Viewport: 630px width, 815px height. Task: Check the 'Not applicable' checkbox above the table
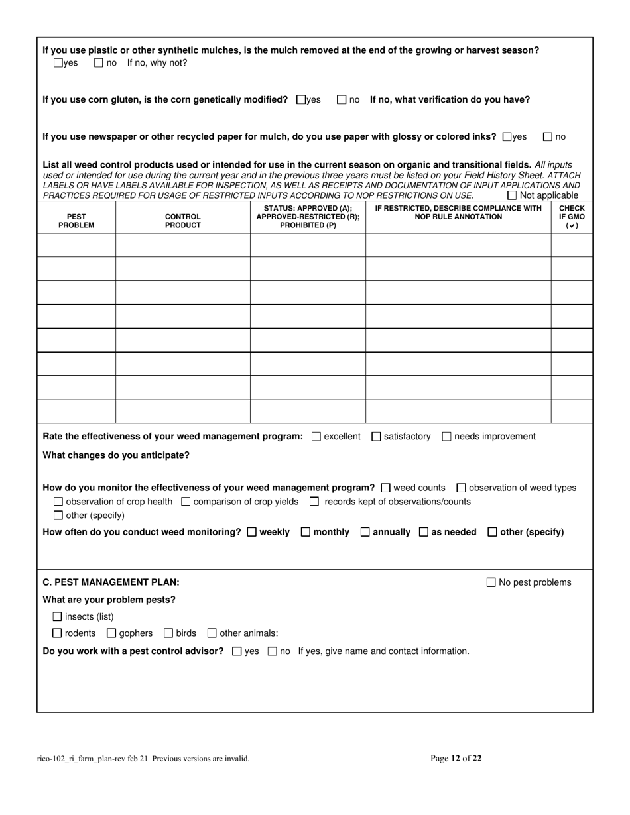click(512, 195)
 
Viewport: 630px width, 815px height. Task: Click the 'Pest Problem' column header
click(76, 221)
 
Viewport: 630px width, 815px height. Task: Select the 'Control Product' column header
click(183, 221)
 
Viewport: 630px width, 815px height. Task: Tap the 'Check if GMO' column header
click(572, 217)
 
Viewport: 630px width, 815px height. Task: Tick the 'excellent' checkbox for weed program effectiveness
click(316, 436)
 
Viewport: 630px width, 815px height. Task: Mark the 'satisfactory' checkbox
click(377, 436)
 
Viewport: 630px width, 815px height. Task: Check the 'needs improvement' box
click(447, 436)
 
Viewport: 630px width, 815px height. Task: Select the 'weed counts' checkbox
click(387, 488)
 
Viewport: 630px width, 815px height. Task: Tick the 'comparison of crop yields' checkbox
click(186, 502)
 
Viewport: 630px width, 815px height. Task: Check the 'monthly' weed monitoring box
click(306, 532)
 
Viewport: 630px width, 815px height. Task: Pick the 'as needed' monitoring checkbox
click(424, 532)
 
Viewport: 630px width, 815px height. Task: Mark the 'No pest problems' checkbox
click(491, 582)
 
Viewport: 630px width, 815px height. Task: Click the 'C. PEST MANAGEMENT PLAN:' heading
click(111, 582)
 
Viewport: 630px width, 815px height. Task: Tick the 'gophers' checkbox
click(111, 633)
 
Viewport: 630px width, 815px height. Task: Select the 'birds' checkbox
click(168, 633)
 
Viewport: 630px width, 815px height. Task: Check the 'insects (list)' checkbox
click(58, 617)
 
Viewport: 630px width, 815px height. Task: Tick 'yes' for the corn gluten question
click(302, 100)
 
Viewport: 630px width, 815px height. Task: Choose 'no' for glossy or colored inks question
click(548, 137)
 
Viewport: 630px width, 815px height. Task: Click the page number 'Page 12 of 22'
click(456, 759)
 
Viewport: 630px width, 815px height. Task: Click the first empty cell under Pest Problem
click(76, 244)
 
